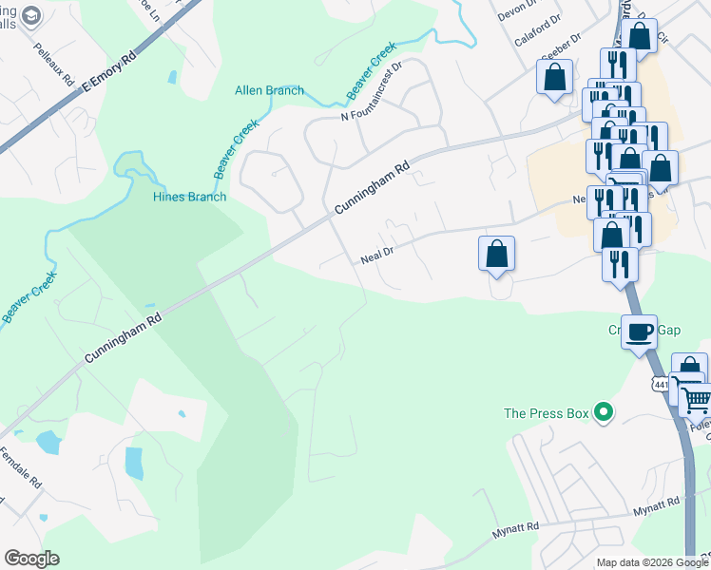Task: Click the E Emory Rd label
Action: coord(110,70)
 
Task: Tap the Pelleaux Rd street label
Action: coord(54,65)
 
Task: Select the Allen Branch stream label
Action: coord(269,91)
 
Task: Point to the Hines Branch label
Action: coord(189,197)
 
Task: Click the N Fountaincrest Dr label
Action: coord(372,92)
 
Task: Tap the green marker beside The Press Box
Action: coord(602,412)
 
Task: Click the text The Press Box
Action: coord(547,412)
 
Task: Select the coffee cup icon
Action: coord(640,332)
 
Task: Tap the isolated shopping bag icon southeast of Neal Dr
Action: coord(496,254)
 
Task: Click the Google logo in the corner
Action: coord(31,559)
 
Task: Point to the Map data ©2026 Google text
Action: coord(651,562)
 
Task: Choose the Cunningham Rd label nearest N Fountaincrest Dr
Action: coord(372,187)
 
